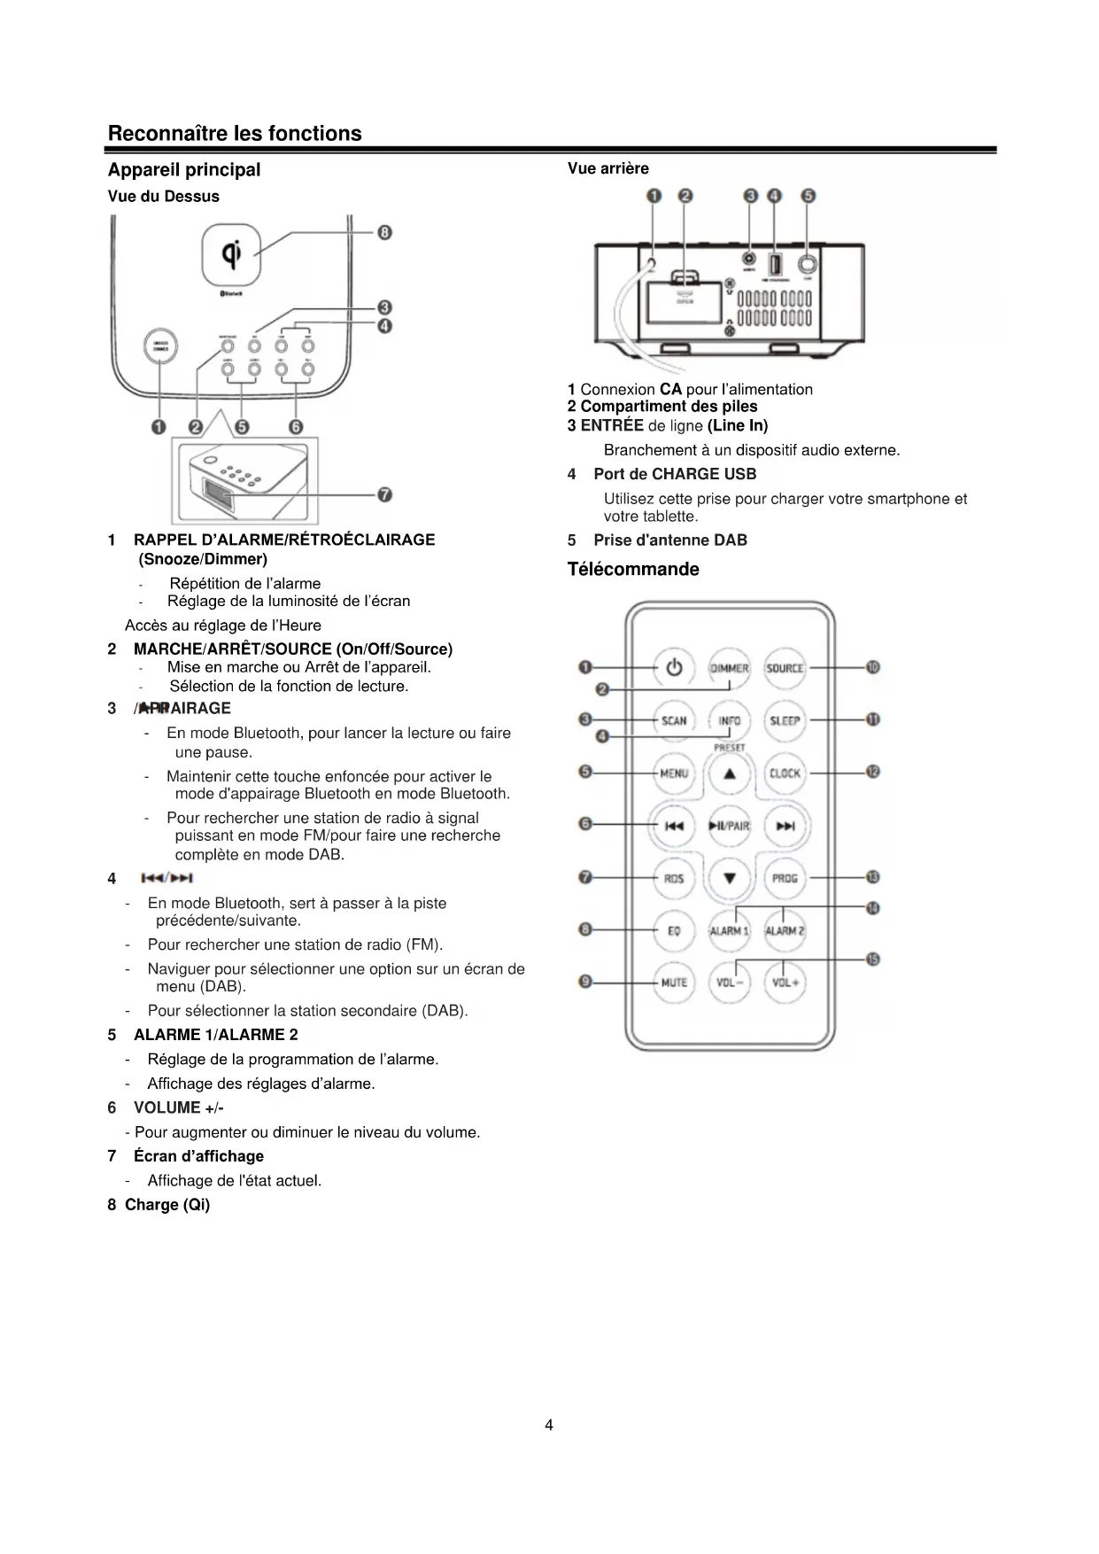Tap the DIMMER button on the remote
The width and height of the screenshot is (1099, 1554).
(730, 668)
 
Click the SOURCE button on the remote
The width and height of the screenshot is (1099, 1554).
(785, 668)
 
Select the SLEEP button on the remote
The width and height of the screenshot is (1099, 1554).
(785, 720)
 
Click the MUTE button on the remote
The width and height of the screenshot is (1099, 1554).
(674, 982)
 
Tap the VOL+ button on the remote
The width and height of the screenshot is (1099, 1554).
(785, 982)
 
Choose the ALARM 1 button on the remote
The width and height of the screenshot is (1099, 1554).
(730, 930)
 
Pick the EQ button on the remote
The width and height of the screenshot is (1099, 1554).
(674, 930)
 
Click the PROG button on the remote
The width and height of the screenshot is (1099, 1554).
(785, 878)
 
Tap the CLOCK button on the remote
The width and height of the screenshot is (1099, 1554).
(785, 773)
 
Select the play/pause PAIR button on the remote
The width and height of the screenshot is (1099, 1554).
(730, 826)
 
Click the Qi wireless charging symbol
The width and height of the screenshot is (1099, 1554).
(232, 254)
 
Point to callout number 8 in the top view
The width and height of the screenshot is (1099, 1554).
(384, 233)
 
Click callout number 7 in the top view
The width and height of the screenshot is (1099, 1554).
(384, 494)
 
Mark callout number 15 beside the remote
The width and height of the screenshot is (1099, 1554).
(873, 960)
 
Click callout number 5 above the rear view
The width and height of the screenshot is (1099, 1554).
(808, 196)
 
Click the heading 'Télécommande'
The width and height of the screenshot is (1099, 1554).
(633, 569)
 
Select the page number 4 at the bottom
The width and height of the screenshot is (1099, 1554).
(549, 1425)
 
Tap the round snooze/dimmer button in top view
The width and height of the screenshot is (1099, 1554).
(160, 346)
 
